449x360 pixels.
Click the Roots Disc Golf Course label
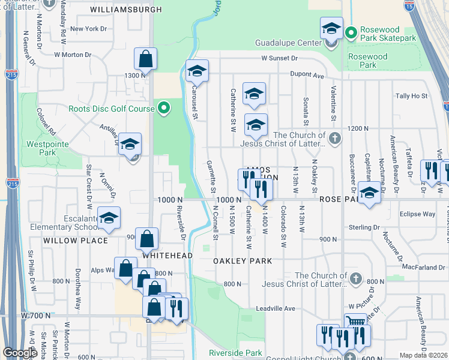112,109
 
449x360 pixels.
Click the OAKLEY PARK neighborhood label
243,261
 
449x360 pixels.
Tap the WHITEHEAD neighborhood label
167,255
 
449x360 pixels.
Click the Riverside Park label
235,353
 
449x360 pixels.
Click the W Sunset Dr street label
279,58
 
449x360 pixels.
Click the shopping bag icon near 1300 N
145,59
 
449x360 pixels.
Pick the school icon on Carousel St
197,71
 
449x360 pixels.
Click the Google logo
20,353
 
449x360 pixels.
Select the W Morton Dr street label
73,55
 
